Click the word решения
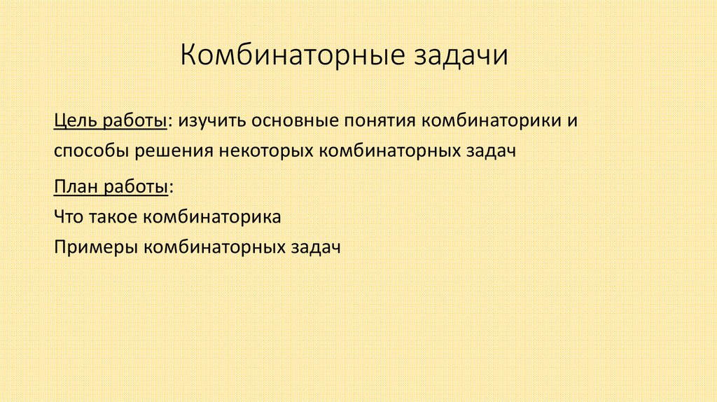pos(179,151)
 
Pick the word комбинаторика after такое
pos(213,217)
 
